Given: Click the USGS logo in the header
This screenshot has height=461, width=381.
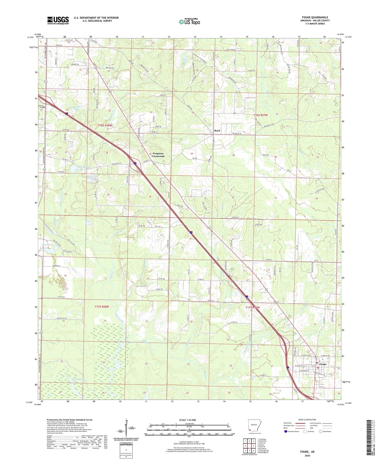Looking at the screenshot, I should click(x=58, y=20).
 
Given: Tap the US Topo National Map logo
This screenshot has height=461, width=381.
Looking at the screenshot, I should click(x=189, y=22).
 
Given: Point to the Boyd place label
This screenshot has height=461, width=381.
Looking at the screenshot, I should click(x=217, y=130).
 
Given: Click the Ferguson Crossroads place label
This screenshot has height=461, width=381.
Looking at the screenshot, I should click(x=158, y=155).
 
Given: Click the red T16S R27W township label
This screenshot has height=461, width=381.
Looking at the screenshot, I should click(x=261, y=115).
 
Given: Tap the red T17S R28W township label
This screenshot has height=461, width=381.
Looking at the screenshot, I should click(x=102, y=307).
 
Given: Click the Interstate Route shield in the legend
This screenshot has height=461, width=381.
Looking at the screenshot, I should click(x=286, y=431).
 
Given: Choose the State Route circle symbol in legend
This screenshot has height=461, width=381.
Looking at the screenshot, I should click(x=321, y=431).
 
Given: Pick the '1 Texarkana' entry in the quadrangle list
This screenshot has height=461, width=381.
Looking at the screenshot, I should click(x=263, y=439).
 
